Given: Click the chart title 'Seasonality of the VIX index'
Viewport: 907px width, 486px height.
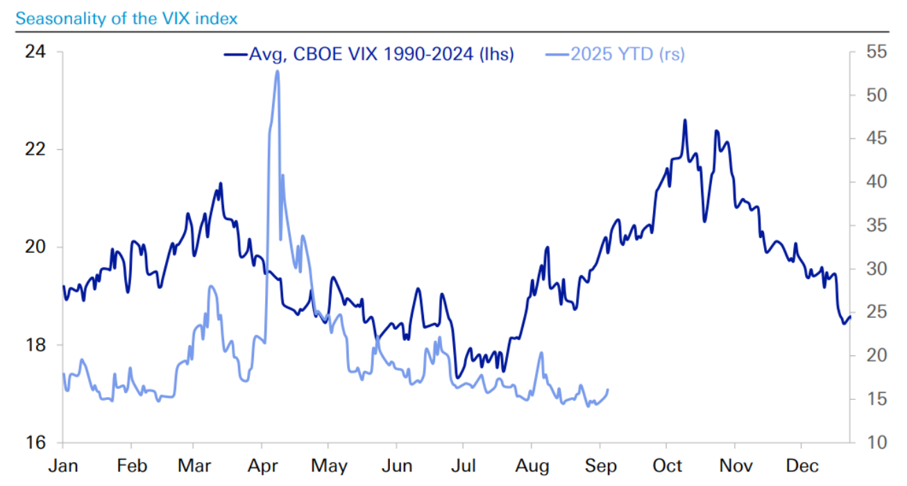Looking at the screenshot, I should [x=126, y=18].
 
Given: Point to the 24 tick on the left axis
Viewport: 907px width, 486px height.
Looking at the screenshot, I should [x=35, y=52].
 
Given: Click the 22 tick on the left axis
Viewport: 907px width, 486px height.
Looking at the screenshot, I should [x=35, y=149].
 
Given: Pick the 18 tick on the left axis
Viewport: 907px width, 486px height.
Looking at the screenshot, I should [x=35, y=345].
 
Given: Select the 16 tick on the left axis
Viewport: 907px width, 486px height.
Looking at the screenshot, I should [x=35, y=442].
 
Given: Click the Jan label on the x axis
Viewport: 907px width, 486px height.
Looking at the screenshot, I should [x=62, y=466].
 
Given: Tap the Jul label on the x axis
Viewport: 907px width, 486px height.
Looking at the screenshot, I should [x=465, y=466].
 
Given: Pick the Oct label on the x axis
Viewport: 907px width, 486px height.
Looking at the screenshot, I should [x=667, y=466].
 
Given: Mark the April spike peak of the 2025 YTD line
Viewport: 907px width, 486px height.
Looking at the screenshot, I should [x=277, y=71].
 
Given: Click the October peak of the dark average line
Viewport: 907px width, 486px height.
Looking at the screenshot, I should [x=685, y=120].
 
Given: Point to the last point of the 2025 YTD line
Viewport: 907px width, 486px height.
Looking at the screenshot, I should [x=608, y=389].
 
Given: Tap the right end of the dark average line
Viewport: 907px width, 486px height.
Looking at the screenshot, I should [x=850, y=317].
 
